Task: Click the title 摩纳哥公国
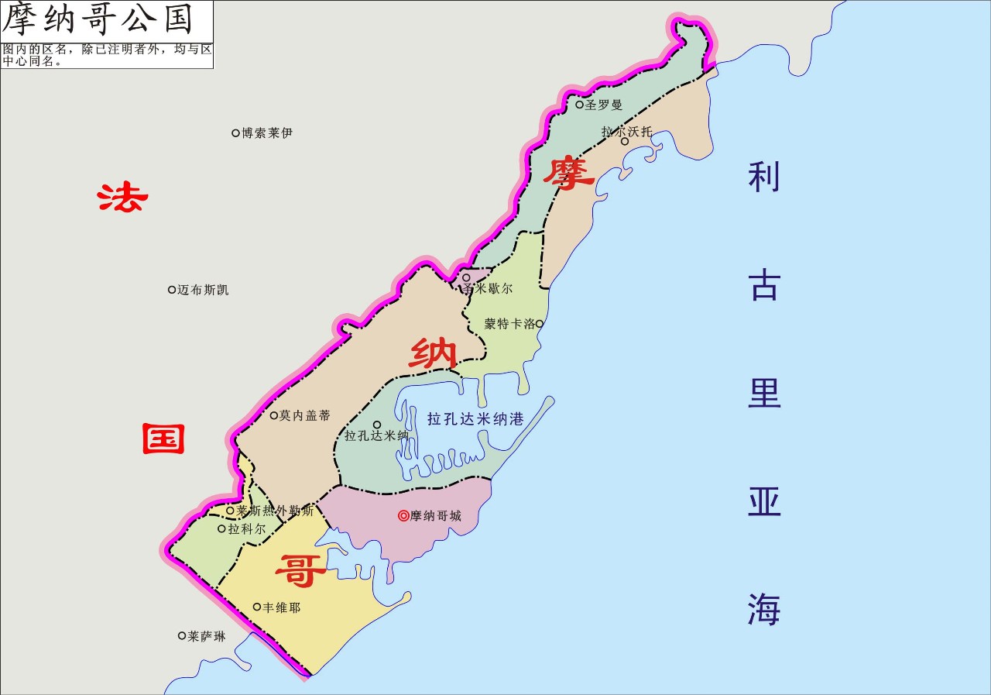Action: (98, 20)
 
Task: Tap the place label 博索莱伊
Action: (266, 133)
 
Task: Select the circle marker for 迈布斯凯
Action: (172, 290)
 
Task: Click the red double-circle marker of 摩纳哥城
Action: (403, 515)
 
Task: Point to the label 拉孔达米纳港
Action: (475, 419)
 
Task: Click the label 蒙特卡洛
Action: (509, 324)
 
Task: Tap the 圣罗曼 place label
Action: (603, 105)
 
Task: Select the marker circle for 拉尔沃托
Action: (625, 141)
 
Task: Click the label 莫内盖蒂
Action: (304, 416)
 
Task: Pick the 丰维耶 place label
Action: (281, 608)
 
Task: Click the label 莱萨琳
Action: (207, 637)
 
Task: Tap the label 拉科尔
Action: (246, 529)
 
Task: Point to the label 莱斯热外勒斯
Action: (275, 511)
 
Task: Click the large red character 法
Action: (122, 198)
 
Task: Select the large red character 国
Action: (163, 439)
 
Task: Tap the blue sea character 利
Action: (763, 177)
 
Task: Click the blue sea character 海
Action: (763, 609)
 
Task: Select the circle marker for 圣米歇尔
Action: (466, 277)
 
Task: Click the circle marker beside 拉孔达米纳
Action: (377, 425)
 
